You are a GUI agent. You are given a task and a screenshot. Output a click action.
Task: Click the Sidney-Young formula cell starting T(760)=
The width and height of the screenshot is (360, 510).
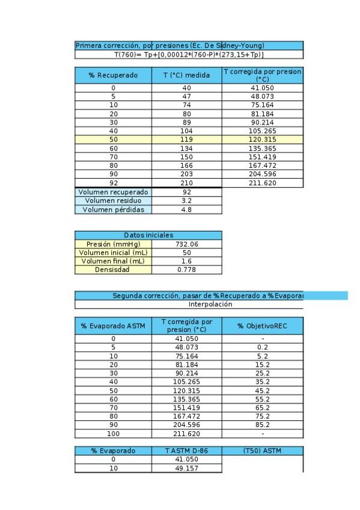189,54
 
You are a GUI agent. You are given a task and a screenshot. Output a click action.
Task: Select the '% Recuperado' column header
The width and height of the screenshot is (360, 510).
113,75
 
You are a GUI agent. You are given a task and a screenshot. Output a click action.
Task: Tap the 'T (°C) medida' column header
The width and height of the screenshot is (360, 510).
186,75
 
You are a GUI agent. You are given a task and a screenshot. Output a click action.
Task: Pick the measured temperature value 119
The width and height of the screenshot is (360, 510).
186,140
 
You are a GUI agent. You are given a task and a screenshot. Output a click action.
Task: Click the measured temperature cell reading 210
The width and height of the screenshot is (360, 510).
186,183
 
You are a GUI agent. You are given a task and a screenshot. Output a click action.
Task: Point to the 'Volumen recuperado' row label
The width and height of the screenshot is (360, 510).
113,192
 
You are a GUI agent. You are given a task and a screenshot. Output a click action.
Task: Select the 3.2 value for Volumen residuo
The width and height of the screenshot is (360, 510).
186,201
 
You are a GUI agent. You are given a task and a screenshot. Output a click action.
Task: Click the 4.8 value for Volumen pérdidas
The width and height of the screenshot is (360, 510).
186,210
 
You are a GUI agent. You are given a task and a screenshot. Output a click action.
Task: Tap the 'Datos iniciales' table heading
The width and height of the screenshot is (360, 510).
148,235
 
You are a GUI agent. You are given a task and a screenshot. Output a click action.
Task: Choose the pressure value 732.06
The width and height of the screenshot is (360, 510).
186,244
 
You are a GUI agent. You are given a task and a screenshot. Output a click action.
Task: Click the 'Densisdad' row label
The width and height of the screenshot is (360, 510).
113,269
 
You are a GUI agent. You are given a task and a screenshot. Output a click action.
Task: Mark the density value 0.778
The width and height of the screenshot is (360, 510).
186,269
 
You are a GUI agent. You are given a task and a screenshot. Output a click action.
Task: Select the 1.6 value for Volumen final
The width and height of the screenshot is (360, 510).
186,261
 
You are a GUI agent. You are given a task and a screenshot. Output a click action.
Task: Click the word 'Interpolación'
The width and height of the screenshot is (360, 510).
210,304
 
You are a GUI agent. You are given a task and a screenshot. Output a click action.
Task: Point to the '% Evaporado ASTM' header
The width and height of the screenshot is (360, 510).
113,326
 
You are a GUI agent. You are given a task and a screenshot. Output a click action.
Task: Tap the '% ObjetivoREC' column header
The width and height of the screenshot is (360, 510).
262,326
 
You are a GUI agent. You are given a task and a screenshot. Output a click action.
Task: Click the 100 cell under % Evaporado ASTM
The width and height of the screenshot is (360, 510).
113,434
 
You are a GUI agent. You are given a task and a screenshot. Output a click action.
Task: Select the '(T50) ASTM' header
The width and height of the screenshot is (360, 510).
262,450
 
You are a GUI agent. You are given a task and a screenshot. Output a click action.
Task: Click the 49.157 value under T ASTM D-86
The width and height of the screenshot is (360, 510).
186,468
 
